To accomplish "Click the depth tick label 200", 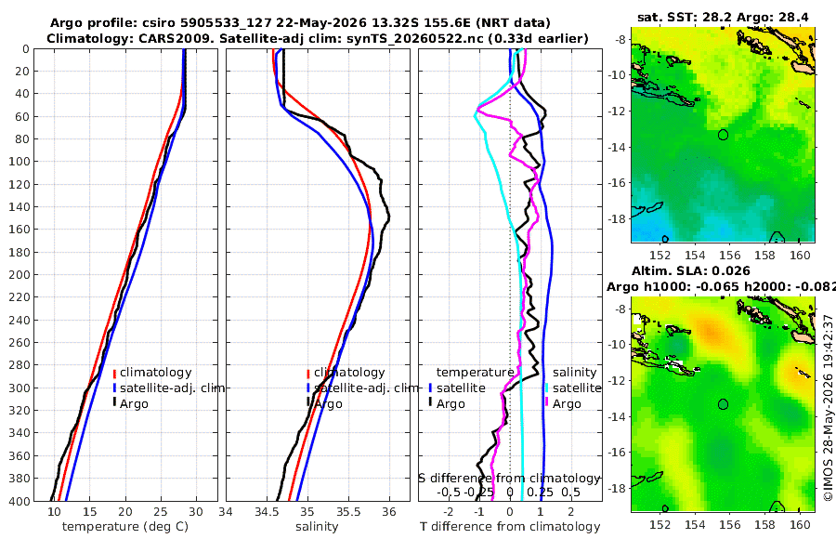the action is pyautogui.click(x=19, y=274).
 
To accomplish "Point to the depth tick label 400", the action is pyautogui.click(x=19, y=501).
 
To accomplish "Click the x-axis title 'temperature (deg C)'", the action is pyautogui.click(x=125, y=527).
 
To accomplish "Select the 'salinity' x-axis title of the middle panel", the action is pyautogui.click(x=317, y=527).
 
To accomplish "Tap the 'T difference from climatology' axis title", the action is pyautogui.click(x=510, y=527).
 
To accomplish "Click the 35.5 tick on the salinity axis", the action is pyautogui.click(x=348, y=511).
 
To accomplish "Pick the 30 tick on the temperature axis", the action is pyautogui.click(x=196, y=511).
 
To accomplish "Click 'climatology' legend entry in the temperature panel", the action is pyautogui.click(x=155, y=373).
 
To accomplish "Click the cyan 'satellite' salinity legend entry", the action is pyautogui.click(x=576, y=388).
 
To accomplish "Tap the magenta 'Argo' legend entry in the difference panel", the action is pyautogui.click(x=567, y=404).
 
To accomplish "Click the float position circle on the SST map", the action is pyautogui.click(x=723, y=135).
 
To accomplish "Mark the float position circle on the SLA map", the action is pyautogui.click(x=723, y=404).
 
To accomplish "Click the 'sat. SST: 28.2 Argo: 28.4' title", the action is pyautogui.click(x=723, y=18).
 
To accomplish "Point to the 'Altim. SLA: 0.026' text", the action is pyautogui.click(x=691, y=270).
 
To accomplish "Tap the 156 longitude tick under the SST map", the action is pyautogui.click(x=729, y=255).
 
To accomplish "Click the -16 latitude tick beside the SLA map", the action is pyautogui.click(x=617, y=453).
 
